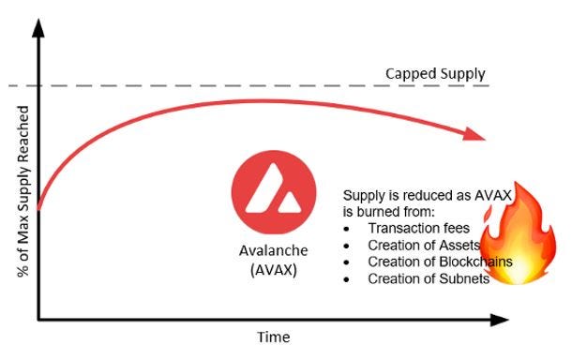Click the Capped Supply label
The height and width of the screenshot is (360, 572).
coord(435,74)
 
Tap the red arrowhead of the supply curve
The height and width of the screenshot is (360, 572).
coord(474,135)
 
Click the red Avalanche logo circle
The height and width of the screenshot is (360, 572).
coord(274,192)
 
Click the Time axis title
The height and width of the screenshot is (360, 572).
coord(274,337)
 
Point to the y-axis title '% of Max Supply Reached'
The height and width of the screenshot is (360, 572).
coord(23,191)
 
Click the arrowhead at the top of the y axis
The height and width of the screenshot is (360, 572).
coord(38,28)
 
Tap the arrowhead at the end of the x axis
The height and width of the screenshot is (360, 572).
coord(499,321)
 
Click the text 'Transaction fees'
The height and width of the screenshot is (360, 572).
coord(419,229)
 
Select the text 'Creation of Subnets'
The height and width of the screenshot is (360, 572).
coord(429,279)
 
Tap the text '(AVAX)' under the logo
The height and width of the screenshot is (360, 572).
coord(274,270)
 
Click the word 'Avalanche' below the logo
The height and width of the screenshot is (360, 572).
coord(274,250)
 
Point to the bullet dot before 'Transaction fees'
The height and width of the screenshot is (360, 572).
coord(346,229)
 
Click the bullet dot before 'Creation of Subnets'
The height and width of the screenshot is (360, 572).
coord(346,279)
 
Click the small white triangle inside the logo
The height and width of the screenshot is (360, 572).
coord(290,203)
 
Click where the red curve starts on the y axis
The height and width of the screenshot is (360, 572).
coord(38,210)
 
